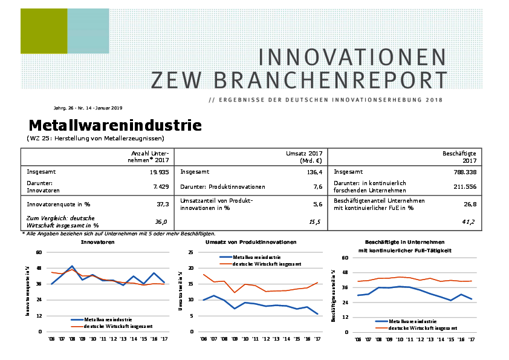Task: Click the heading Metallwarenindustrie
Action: point(115,126)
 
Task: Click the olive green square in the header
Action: point(44,31)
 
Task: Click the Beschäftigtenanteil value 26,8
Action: point(468,205)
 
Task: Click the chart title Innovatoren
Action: point(98,241)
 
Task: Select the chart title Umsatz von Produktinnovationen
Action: point(251,241)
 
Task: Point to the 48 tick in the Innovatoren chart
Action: point(39,268)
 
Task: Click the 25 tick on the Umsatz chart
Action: point(191,252)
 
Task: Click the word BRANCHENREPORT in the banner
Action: point(299,79)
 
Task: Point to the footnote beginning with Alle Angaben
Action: point(118,233)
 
